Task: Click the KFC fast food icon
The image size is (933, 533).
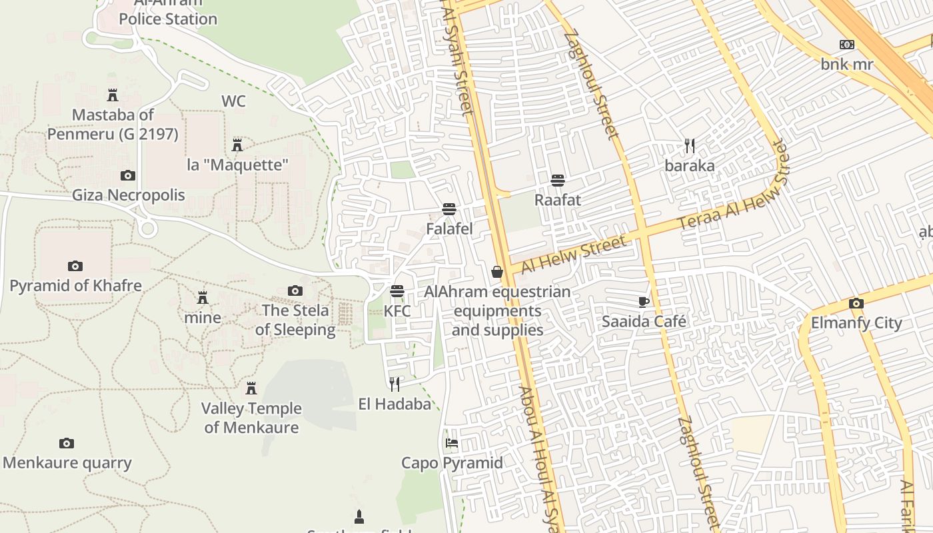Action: (x=397, y=291)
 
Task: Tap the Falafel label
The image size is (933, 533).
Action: (x=449, y=229)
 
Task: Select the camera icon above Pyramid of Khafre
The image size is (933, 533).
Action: (x=75, y=266)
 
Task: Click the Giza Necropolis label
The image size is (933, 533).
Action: (x=129, y=195)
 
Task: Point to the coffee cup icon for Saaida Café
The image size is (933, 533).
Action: (x=644, y=302)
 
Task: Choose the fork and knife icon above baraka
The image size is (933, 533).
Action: (x=690, y=145)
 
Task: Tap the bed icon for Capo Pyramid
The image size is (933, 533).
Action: (x=452, y=443)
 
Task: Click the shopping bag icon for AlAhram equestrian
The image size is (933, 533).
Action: (x=497, y=271)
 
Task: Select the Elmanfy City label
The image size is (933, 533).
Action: (x=856, y=323)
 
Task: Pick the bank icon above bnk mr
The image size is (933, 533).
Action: (x=847, y=45)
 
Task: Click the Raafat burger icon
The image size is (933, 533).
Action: (x=558, y=180)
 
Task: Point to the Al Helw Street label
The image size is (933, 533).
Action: (x=574, y=254)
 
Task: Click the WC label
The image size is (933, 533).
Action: (x=233, y=101)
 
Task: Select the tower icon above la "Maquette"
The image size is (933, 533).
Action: (x=237, y=145)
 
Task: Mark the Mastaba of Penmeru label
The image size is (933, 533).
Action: (x=113, y=125)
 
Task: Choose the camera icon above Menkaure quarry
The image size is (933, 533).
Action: (x=66, y=443)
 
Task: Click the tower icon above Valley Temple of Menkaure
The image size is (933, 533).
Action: (x=251, y=388)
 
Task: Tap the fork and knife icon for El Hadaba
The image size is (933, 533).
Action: (x=395, y=383)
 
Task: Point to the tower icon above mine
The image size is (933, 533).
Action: (x=203, y=297)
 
